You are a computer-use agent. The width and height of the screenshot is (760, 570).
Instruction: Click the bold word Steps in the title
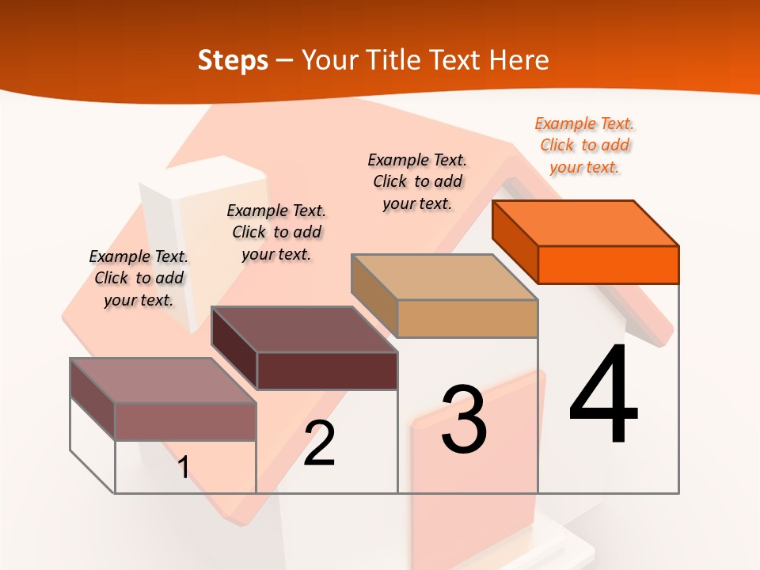233,60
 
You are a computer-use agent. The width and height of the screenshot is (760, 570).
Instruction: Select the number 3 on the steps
464,420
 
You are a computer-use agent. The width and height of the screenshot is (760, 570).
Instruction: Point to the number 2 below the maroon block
320,443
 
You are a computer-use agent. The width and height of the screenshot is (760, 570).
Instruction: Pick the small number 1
184,468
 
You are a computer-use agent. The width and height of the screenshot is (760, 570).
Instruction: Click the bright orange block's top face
586,222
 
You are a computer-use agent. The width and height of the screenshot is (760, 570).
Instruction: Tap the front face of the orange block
608,264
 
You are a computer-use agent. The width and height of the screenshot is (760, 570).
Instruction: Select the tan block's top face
445,277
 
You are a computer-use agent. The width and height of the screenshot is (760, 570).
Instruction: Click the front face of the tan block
467,319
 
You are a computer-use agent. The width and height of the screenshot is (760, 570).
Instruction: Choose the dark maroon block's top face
305,329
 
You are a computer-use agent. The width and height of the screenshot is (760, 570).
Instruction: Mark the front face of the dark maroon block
327,370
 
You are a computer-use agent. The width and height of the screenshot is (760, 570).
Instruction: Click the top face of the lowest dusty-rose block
163,381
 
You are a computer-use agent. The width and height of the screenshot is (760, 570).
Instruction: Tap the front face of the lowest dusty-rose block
185,421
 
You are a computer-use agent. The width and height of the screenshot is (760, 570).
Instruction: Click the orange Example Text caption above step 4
584,146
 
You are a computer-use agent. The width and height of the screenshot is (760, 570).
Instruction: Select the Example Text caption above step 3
417,182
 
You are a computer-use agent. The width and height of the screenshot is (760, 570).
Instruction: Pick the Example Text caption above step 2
276,233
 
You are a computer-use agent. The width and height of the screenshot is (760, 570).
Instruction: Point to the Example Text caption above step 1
139,279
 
